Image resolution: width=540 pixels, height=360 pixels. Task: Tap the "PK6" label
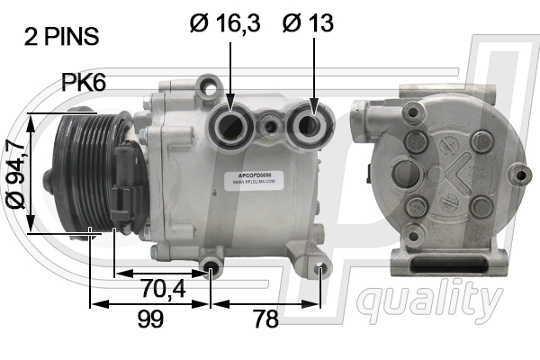point(84,83)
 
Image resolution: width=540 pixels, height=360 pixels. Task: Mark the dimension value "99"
point(150,319)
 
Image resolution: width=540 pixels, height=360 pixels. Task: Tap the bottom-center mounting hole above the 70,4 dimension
point(211,267)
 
